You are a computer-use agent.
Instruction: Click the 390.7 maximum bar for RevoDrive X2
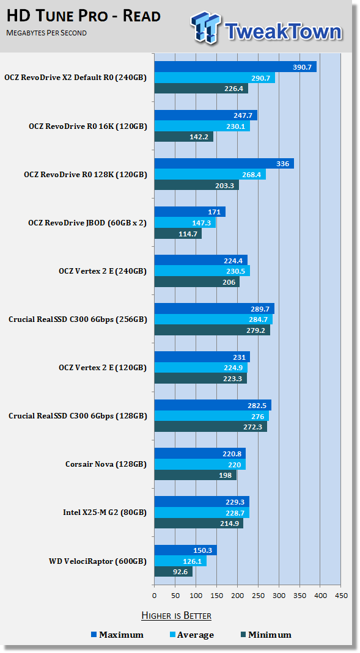[235, 67]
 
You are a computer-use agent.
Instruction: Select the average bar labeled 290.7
[215, 78]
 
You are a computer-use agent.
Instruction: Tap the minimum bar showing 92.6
[174, 571]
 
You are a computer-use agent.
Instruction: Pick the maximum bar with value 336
[224, 163]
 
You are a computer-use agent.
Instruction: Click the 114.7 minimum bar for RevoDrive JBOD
[178, 233]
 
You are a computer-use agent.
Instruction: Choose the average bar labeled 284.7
[214, 319]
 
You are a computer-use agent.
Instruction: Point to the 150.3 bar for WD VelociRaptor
[186, 550]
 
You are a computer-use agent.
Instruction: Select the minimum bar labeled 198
[196, 475]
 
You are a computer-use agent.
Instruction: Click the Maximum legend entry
[117, 635]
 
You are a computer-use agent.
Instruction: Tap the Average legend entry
[192, 635]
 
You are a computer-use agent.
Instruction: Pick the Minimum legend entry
[266, 635]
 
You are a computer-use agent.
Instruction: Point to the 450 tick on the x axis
[341, 596]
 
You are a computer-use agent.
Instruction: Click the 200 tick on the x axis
[238, 596]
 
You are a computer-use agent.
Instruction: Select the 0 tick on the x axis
[155, 596]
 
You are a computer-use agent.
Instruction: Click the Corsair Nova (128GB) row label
[106, 464]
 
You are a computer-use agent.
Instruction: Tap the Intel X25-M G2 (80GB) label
[105, 513]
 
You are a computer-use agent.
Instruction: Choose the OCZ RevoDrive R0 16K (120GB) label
[88, 126]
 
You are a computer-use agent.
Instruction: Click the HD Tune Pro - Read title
[84, 16]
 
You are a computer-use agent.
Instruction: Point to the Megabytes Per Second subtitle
[46, 33]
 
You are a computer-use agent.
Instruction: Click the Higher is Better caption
[176, 615]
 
